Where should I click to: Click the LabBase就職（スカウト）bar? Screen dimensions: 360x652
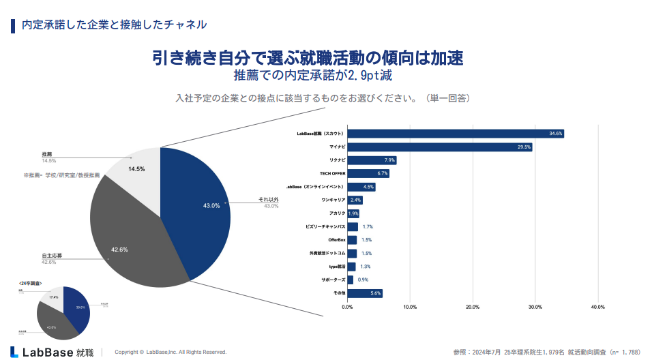click(x=456, y=134)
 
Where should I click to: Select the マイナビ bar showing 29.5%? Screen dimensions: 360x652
click(x=440, y=147)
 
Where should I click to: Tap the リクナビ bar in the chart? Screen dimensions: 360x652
click(x=372, y=160)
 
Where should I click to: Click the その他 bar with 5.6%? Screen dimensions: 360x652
click(x=365, y=293)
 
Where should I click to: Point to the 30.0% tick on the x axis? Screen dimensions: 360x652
click(x=535, y=307)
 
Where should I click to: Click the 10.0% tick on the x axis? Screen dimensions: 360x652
click(x=410, y=307)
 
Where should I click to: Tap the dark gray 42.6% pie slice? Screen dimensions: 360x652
click(x=126, y=239)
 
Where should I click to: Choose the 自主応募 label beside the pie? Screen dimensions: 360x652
click(x=51, y=256)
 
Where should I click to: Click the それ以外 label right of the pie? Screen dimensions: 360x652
click(x=268, y=200)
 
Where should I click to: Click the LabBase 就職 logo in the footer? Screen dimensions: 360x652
click(x=53, y=352)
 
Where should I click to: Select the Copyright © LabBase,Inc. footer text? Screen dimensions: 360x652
click(x=170, y=352)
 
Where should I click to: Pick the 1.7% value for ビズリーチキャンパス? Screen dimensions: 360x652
click(x=368, y=227)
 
